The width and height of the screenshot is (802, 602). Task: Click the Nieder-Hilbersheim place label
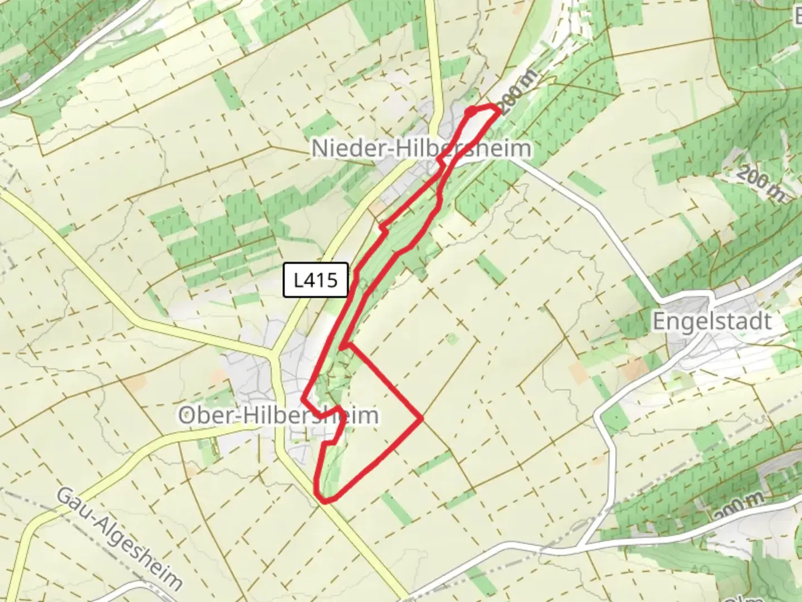pos(421,149)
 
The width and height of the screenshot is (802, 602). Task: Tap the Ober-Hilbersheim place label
pos(278,415)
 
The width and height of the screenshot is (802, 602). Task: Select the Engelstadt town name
pos(712,322)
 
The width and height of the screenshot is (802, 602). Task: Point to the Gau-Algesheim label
pos(120,538)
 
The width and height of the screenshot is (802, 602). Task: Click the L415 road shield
pos(316,280)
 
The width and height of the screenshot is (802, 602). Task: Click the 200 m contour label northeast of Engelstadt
pos(760,184)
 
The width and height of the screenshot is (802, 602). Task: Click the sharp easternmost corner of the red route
pos(422,417)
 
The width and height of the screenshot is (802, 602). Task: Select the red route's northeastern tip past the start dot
pos(497,108)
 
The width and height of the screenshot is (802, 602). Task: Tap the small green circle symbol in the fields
pos(451,338)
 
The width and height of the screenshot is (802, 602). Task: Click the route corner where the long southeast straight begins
pos(346,346)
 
